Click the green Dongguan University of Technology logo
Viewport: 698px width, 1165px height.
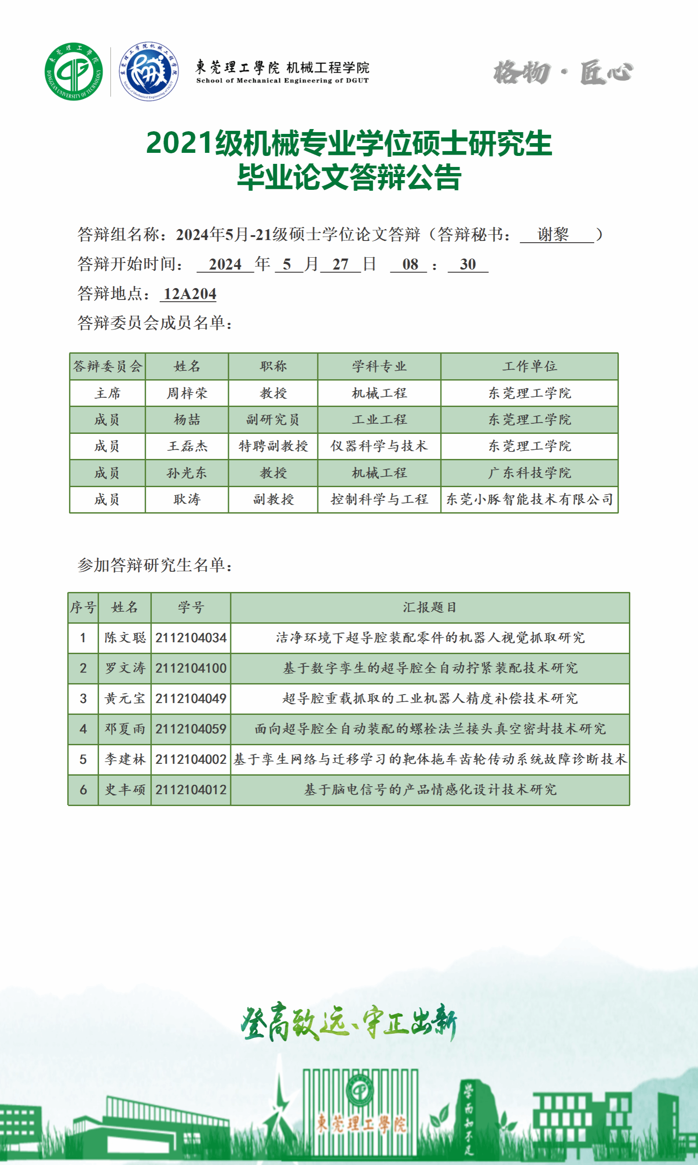tap(73, 71)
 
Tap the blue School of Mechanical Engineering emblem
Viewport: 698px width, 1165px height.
tap(148, 71)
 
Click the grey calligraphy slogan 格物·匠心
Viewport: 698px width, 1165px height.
tap(563, 73)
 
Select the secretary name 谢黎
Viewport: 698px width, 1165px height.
tap(553, 234)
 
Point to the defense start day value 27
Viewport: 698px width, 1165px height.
tap(340, 264)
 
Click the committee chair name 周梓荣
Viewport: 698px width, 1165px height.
tap(187, 393)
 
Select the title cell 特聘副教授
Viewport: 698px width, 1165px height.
tap(273, 446)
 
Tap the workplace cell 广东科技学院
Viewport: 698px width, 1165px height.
tap(529, 473)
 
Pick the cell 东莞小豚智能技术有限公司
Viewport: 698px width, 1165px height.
tap(529, 499)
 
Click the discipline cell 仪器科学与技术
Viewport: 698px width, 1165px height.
tap(378, 446)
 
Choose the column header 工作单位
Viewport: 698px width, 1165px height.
tap(529, 366)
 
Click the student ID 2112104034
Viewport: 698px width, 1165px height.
tap(191, 638)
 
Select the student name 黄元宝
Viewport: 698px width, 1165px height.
tap(125, 698)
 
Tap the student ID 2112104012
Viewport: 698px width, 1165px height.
tap(191, 789)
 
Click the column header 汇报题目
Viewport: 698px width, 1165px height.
tap(430, 607)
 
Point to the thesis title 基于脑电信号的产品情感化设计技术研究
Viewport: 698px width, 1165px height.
tap(430, 789)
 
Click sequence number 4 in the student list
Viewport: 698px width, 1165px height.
tap(83, 729)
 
